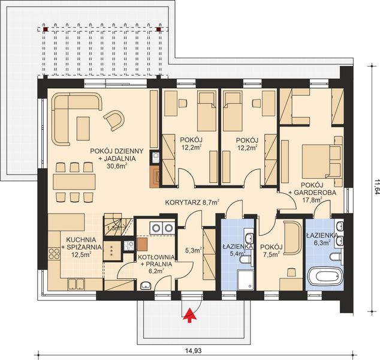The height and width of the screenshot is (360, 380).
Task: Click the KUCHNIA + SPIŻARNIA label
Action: (78, 245)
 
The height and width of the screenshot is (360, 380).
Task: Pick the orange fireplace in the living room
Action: (155, 176)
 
